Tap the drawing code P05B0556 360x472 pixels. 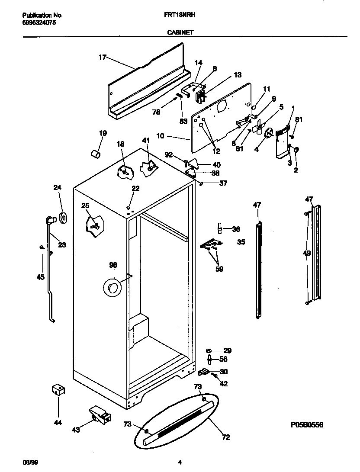[307, 425]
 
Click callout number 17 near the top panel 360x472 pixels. [103, 57]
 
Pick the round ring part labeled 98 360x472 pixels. [112, 288]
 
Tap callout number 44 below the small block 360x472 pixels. [58, 423]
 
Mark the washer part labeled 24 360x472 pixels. [63, 218]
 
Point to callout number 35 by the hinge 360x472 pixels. [241, 242]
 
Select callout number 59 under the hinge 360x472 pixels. [220, 269]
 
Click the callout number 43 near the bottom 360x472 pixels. [75, 430]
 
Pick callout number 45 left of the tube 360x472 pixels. [40, 277]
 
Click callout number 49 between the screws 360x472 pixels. [307, 253]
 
